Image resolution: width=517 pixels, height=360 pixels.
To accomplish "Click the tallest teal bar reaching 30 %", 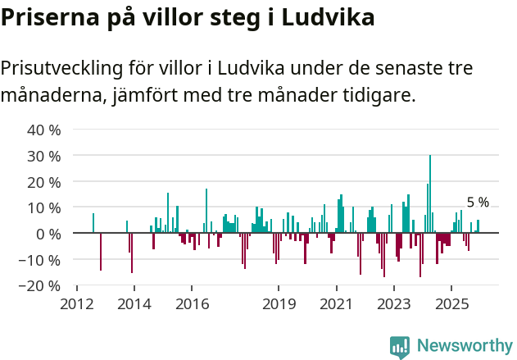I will coord(429,194).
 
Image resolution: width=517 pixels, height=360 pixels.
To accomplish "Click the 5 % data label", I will coord(478,203).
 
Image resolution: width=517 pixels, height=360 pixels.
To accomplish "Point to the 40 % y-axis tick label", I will coord(44,130).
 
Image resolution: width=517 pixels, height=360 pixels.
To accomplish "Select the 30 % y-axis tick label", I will coord(44,156).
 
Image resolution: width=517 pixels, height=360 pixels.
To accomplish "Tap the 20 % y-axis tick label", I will coord(44,181).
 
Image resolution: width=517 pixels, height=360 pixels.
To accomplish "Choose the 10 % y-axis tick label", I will coord(44,207).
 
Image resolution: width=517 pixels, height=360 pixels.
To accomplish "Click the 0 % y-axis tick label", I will coord(48,234).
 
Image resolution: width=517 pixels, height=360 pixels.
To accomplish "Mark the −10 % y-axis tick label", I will coord(42,260).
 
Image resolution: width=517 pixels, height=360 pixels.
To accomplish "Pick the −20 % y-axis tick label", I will coord(42,286).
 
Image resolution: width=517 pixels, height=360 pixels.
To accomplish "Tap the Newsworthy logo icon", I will coord(400,346).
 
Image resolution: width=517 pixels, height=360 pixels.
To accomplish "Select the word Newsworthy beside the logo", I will coord(465,346).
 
